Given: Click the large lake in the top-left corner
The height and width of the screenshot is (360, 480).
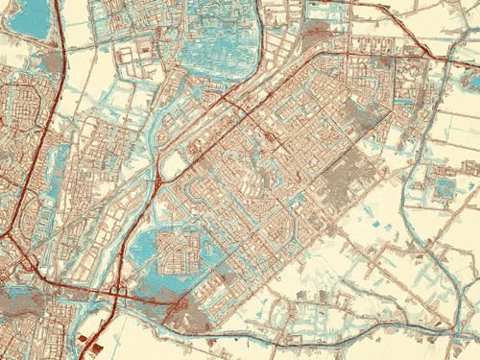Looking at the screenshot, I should tap(24, 19).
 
